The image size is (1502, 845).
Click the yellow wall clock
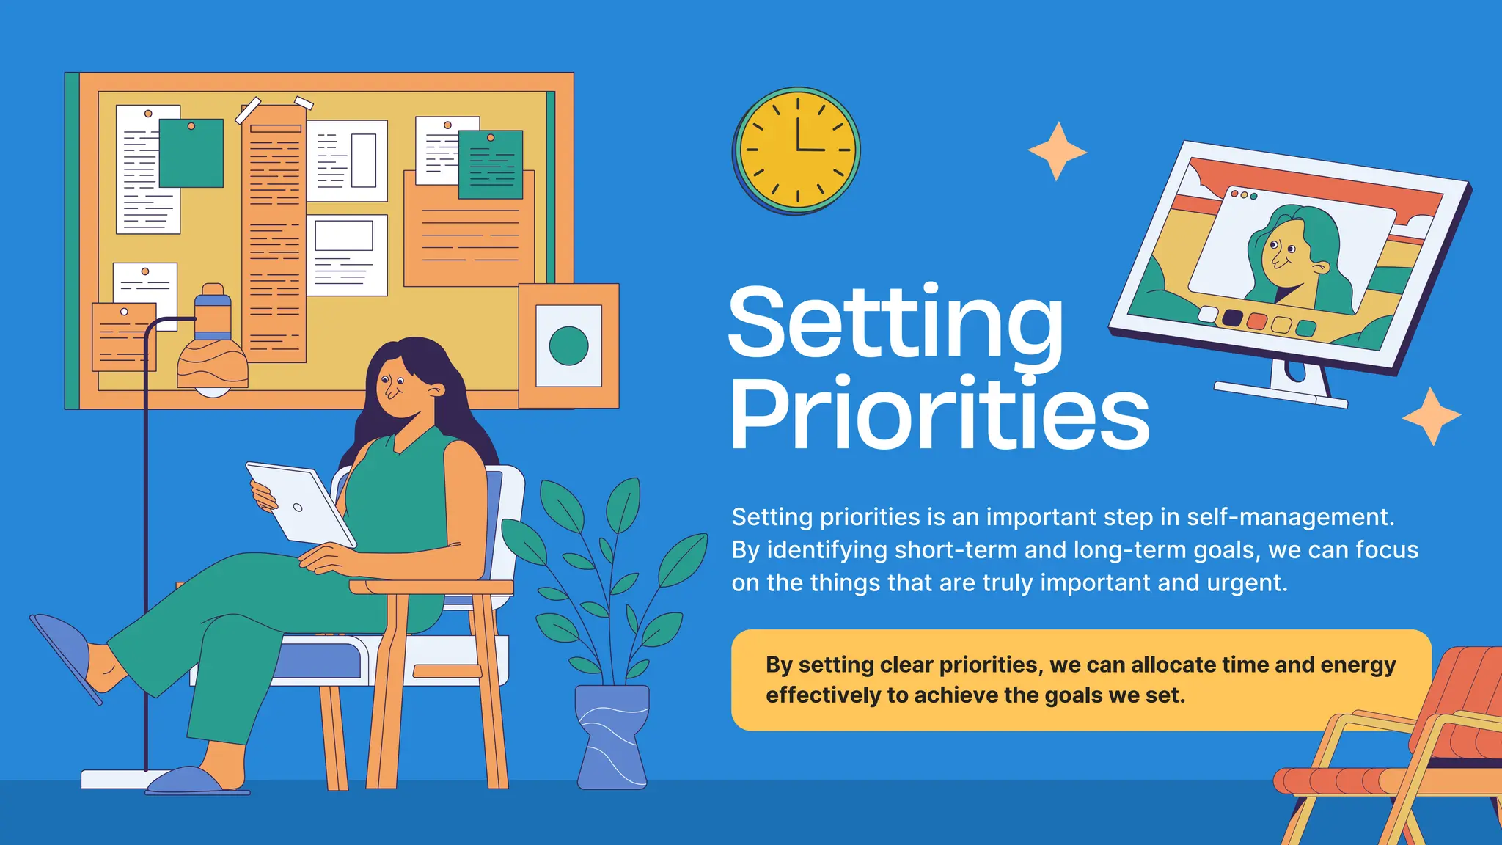(x=797, y=150)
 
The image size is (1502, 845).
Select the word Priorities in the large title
(x=939, y=414)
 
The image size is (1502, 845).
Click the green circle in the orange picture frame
(x=568, y=345)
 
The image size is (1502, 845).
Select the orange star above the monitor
(x=1057, y=151)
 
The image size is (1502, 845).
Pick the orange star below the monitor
(x=1432, y=416)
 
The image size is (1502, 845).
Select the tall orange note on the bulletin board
(x=274, y=235)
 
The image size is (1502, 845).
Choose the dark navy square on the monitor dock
(x=1232, y=318)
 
